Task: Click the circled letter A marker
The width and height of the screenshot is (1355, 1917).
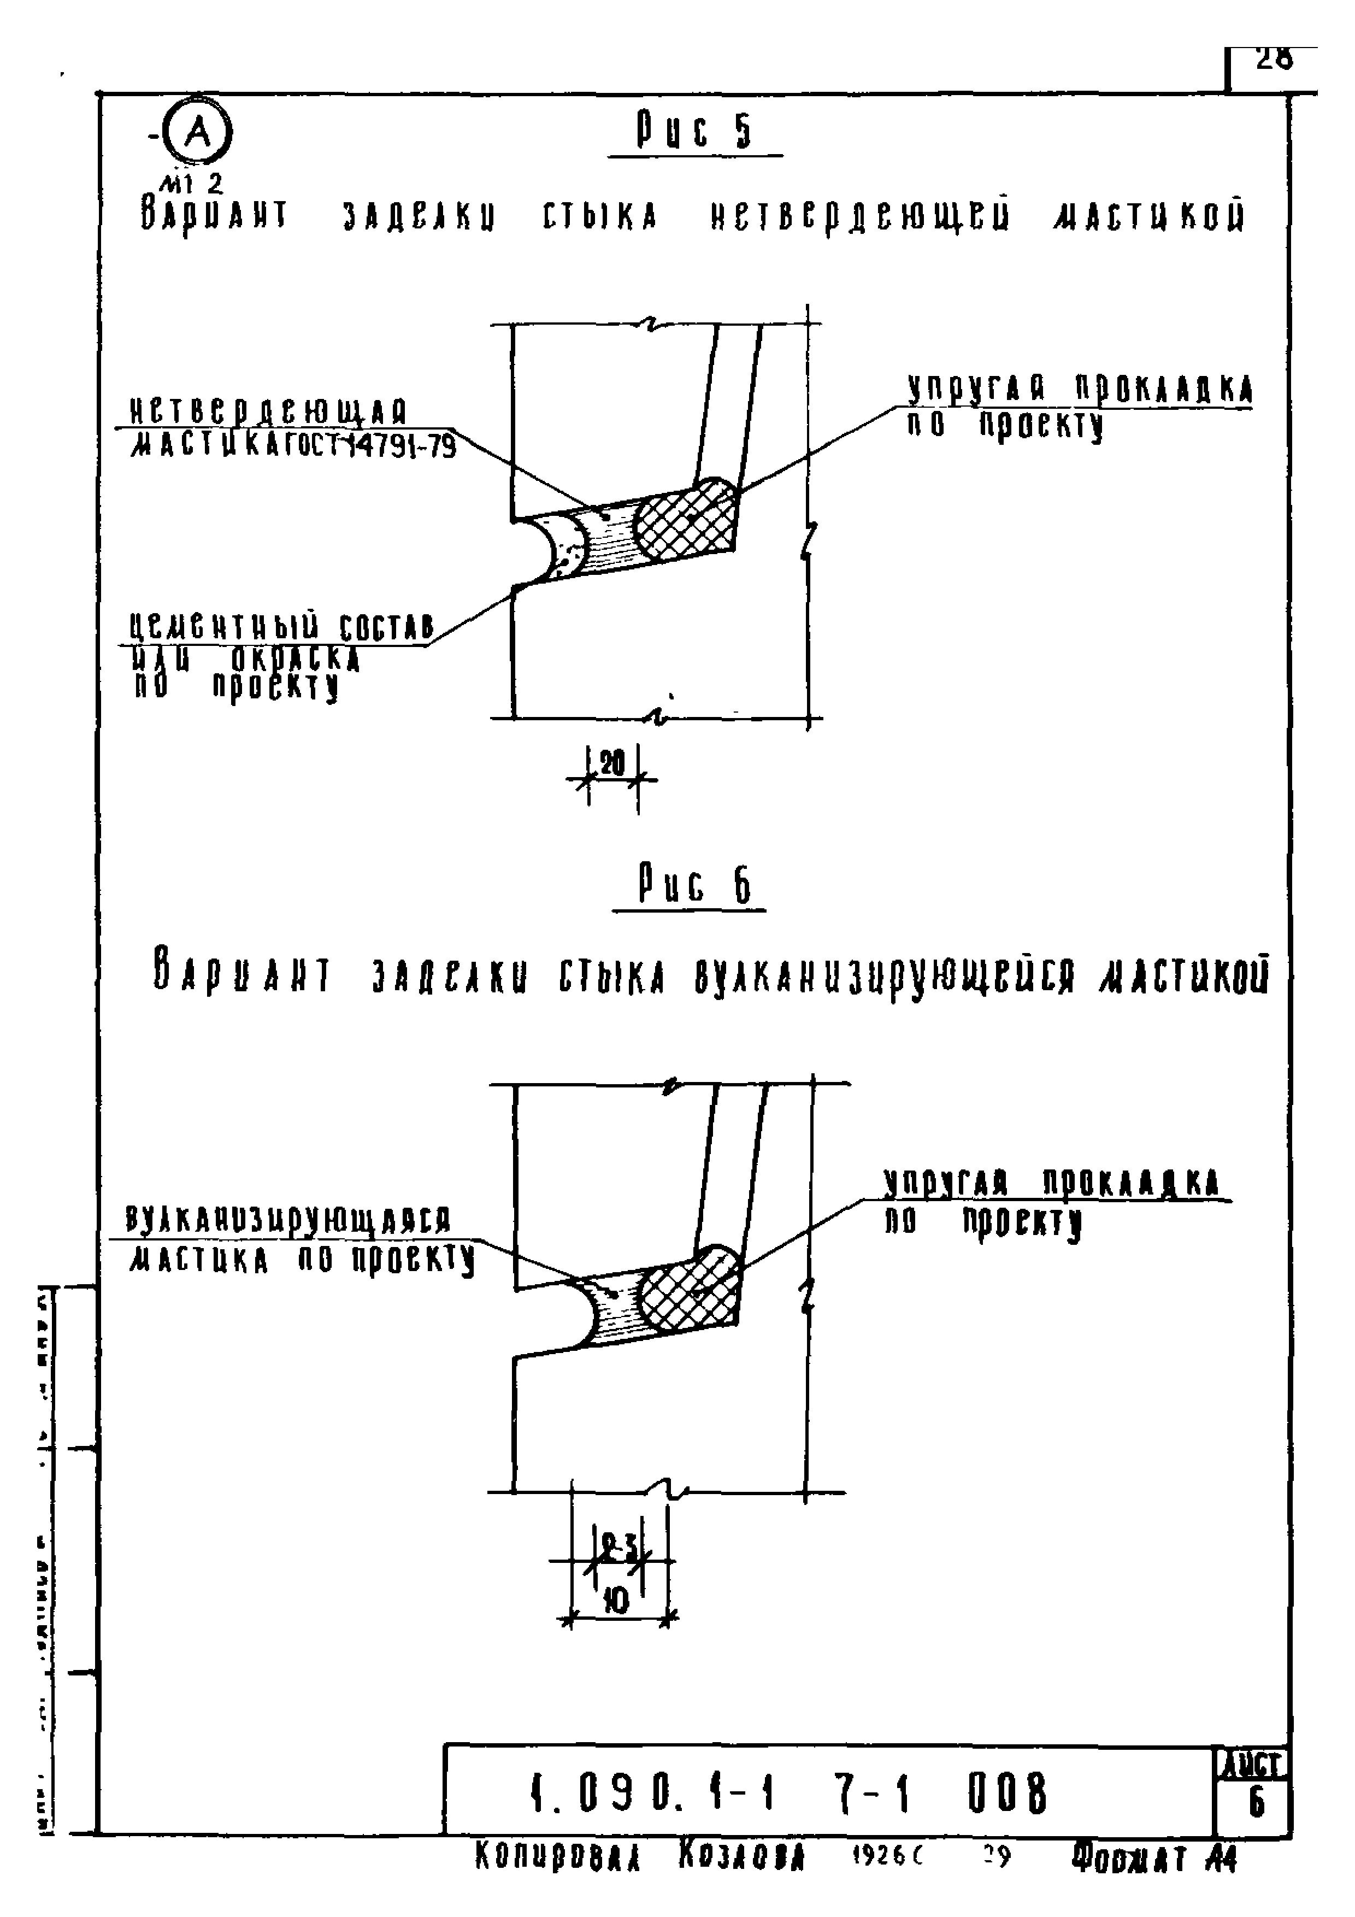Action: point(197,132)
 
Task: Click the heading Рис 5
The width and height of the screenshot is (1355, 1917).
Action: point(694,131)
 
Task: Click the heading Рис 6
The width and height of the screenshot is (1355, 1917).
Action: point(694,885)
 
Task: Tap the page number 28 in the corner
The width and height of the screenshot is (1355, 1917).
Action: point(1273,59)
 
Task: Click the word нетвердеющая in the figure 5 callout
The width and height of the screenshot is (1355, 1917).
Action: point(269,411)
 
